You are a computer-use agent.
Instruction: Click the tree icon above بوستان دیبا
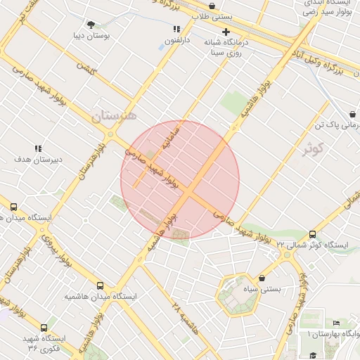click(91, 24)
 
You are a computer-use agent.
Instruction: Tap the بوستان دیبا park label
click(91, 35)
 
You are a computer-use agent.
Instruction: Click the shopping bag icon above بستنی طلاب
click(212, 6)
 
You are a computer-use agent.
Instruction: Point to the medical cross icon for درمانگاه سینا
click(226, 32)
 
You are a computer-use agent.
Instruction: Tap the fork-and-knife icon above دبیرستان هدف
click(38, 148)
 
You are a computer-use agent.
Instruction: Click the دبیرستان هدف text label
click(39, 160)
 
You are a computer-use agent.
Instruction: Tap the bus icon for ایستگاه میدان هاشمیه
click(100, 286)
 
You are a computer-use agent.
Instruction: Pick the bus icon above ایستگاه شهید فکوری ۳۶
click(44, 328)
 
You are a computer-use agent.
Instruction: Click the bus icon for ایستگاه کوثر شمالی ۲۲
click(312, 235)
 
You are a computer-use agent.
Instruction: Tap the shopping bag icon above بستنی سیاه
click(262, 278)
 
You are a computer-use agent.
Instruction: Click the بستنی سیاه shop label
click(261, 289)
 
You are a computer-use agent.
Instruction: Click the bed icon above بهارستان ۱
click(317, 323)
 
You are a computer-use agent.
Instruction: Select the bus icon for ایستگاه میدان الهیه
click(13, 207)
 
